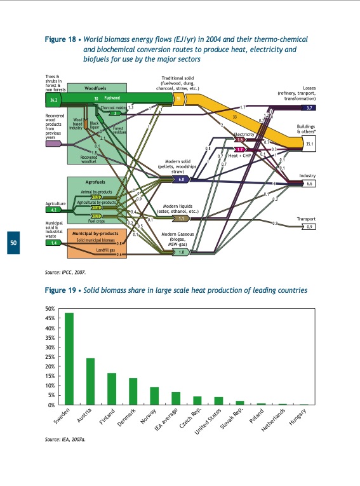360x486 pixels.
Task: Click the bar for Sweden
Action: [x=69, y=359]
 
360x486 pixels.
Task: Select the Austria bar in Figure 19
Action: [x=90, y=381]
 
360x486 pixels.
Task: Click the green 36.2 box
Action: [x=53, y=100]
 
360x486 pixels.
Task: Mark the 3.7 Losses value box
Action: [x=308, y=108]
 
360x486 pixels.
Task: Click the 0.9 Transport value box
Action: [x=309, y=226]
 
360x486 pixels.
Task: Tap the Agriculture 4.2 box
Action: [x=54, y=209]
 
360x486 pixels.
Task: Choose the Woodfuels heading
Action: [x=87, y=88]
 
